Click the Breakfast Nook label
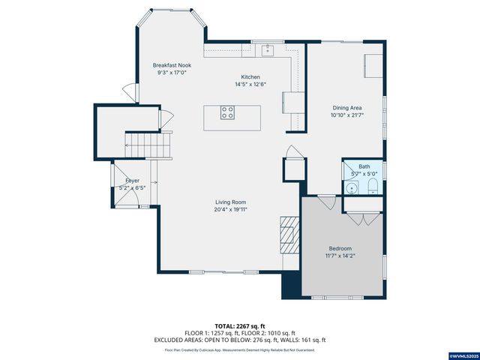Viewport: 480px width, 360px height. [172, 65]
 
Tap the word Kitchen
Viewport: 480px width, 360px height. [250, 77]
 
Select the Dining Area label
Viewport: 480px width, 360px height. [346, 108]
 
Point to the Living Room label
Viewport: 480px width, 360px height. [231, 202]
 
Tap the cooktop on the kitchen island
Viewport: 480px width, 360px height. [227, 113]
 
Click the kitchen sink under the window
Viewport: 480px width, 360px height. [268, 50]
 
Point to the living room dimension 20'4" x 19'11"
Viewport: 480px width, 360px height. [231, 210]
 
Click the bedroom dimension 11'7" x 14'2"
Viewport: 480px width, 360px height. [340, 256]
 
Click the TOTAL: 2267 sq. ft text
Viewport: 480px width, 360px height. [240, 326]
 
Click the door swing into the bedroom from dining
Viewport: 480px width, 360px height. [325, 202]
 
